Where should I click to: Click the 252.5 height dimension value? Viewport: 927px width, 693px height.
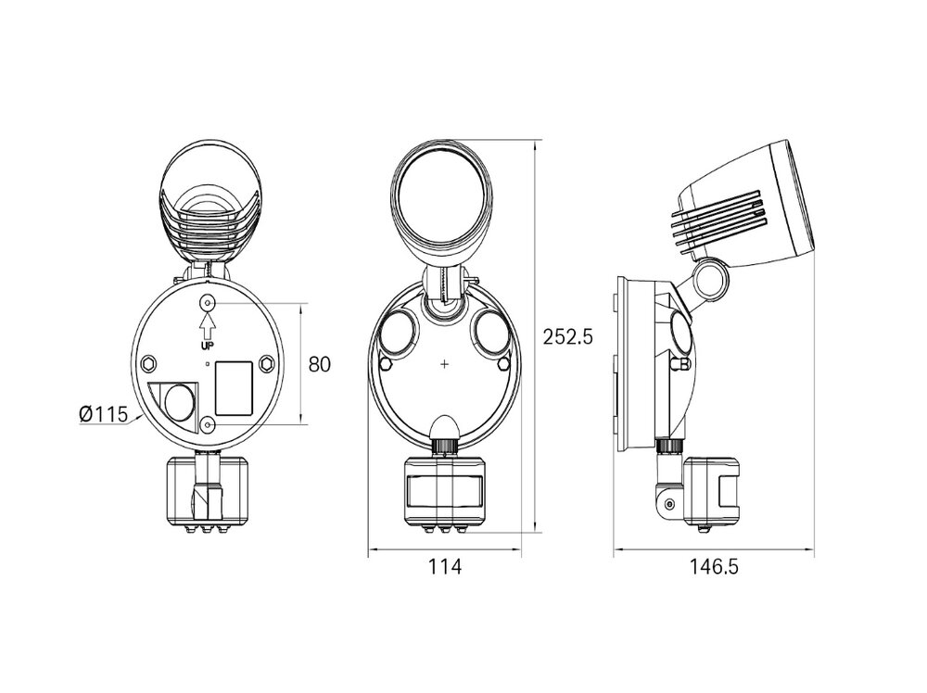[567, 337]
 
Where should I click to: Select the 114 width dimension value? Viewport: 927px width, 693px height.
[444, 567]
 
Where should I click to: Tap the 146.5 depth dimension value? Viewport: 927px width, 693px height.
[714, 567]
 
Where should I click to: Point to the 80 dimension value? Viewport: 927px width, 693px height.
[320, 364]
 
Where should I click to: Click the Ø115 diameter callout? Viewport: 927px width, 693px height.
[103, 414]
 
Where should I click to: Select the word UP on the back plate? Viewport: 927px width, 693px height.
[208, 344]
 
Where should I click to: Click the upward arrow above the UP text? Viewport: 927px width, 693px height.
[208, 324]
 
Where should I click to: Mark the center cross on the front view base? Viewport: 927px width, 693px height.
[445, 364]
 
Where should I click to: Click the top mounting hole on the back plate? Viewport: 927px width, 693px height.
[208, 303]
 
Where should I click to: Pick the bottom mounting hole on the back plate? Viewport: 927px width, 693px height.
[208, 424]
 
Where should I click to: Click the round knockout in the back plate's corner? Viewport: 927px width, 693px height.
[177, 401]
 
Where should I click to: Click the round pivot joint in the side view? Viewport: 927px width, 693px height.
[711, 282]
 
